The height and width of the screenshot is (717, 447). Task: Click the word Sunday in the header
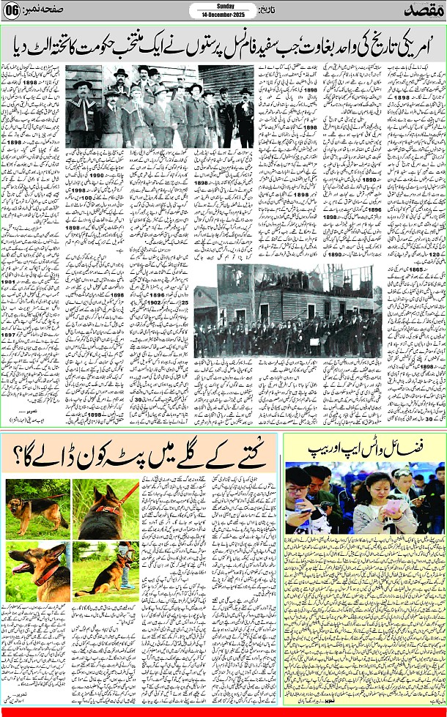pos(223,6)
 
